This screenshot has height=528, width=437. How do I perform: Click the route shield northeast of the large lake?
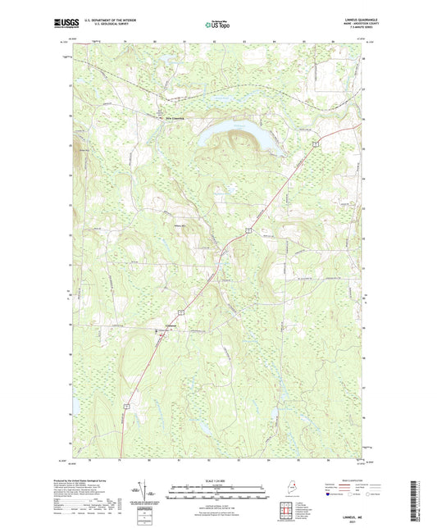point(314,143)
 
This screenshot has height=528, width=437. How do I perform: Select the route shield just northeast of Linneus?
point(185,312)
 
